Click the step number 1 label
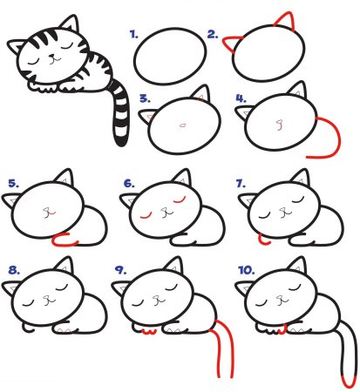pos(134,35)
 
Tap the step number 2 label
pos(212,35)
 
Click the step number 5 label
pos(13,183)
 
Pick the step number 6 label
pos(130,184)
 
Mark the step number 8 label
pos(13,270)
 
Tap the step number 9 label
pos(119,270)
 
